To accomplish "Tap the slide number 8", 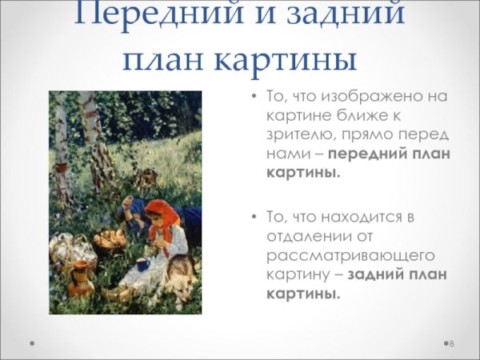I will click(451, 343).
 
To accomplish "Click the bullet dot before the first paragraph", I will click(254, 98).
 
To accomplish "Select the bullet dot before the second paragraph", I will click(254, 218).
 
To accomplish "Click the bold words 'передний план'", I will click(389, 155).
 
